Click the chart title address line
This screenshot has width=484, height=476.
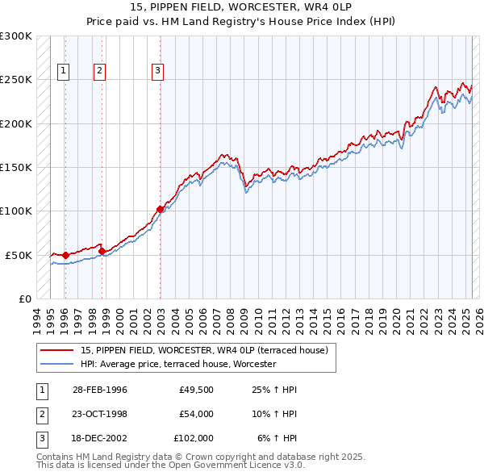pos(242,7)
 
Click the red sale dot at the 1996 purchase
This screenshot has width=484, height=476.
pos(65,255)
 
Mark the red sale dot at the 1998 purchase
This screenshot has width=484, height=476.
pos(102,251)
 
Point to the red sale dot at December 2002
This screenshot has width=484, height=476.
pos(160,209)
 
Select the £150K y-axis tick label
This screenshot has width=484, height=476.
pos(16,168)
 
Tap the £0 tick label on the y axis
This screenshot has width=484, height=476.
pos(23,299)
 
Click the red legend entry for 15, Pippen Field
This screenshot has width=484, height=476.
pos(203,351)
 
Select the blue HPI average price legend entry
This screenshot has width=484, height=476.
pos(177,365)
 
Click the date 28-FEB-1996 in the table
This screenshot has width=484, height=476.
pos(99,390)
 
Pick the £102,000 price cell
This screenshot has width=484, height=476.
pos(194,438)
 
